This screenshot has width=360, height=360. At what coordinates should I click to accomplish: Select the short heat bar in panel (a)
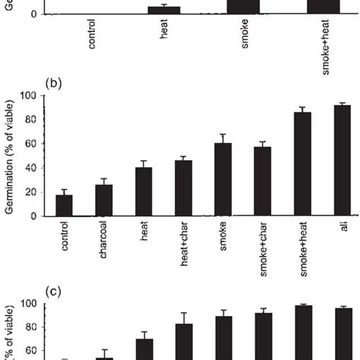coord(169,10)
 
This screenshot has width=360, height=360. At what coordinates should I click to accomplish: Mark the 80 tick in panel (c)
coord(31,327)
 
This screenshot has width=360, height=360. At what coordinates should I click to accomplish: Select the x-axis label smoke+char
coord(263,245)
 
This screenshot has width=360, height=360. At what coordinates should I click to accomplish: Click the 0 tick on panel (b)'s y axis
coord(34,216)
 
